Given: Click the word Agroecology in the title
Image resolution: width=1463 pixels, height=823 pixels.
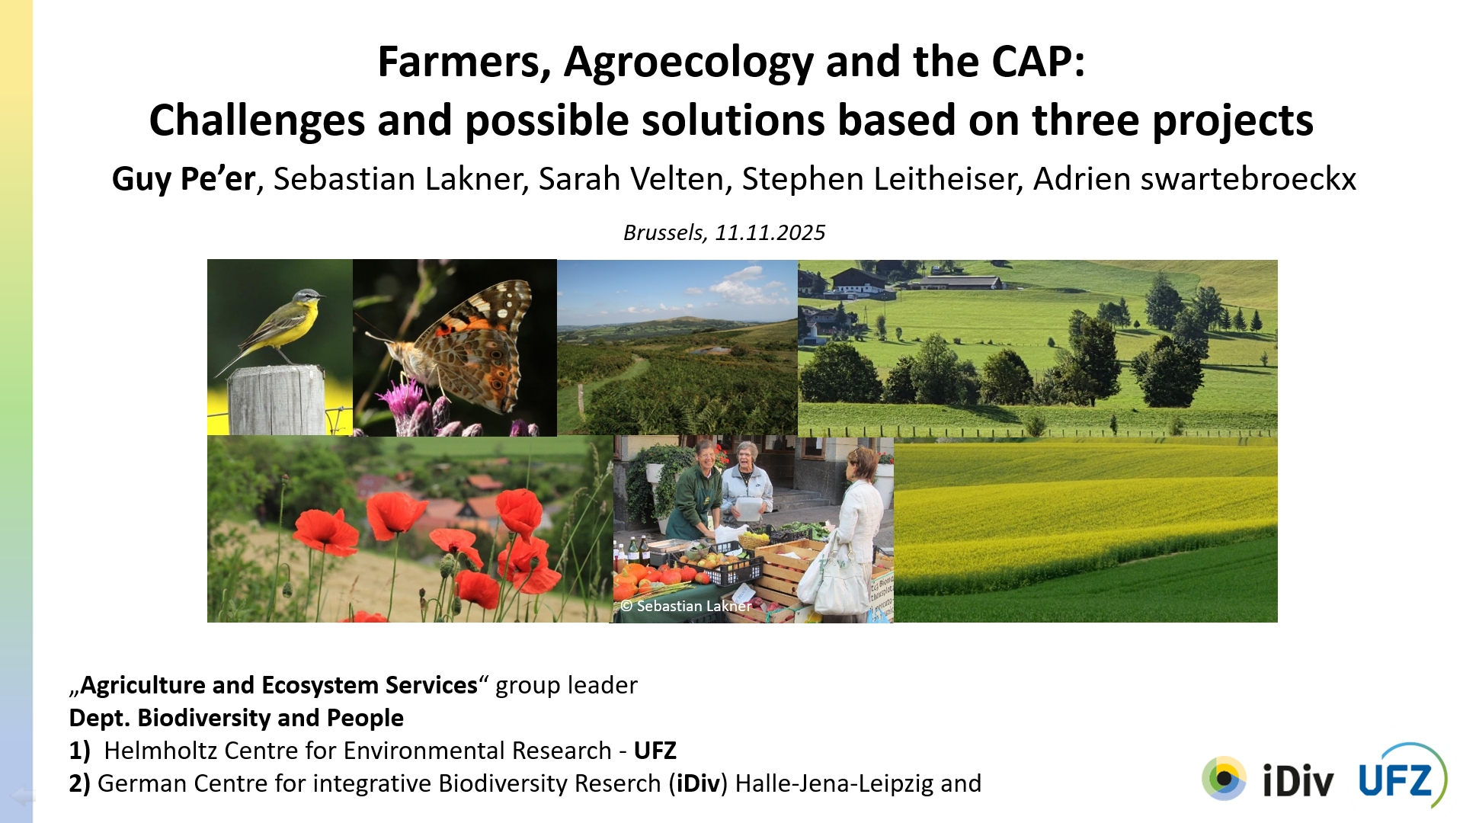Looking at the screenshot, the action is point(689,62).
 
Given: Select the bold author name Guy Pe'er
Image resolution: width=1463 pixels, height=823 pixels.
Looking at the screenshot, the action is point(183,179).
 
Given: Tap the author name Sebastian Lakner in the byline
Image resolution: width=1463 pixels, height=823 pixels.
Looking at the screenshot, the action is point(399,179).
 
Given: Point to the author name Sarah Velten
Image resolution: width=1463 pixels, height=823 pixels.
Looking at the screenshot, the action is point(632,179).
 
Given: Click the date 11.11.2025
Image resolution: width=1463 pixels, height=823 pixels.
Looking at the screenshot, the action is point(770,232).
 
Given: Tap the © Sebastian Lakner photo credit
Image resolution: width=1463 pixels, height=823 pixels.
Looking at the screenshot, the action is point(686,606).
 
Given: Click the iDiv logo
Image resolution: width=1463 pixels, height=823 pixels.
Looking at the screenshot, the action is point(1268,779).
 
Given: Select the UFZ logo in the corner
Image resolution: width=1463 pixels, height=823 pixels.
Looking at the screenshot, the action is point(1402,776).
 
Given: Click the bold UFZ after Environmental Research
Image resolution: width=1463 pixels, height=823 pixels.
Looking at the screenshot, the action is point(655,751).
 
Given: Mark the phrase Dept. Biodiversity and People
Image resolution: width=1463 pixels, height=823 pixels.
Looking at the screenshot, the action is point(236,718).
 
